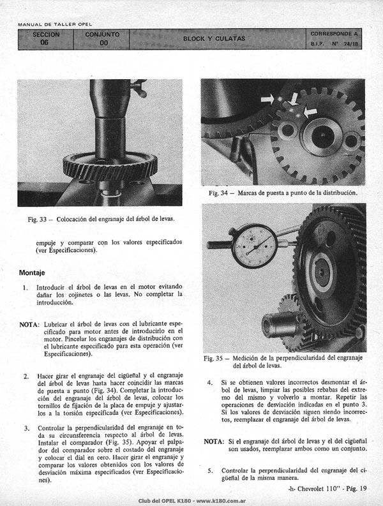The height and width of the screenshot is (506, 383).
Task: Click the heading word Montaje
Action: tap(32, 272)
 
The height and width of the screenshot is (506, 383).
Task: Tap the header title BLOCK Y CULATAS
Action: tap(214, 39)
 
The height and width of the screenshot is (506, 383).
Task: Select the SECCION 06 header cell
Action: tap(46, 39)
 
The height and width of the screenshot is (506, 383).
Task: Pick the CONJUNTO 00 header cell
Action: tap(101, 39)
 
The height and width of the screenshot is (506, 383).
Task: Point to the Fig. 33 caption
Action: tap(101, 219)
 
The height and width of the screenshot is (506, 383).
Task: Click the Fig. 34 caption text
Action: tap(283, 193)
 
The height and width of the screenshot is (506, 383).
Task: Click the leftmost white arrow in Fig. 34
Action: tap(267, 99)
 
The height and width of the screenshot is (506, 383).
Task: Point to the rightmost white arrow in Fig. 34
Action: tap(310, 112)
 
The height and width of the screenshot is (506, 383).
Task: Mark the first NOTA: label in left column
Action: tap(30, 324)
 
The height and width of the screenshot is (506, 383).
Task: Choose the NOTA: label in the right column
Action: tap(213, 442)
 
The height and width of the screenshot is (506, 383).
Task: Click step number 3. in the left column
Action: tap(27, 429)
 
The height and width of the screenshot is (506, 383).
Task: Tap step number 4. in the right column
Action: tap(210, 383)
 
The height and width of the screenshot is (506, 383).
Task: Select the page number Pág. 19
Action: tap(356, 489)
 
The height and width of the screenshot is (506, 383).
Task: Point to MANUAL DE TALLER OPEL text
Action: tap(55, 24)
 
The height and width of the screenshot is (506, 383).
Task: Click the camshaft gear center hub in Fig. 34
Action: tap(322, 136)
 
